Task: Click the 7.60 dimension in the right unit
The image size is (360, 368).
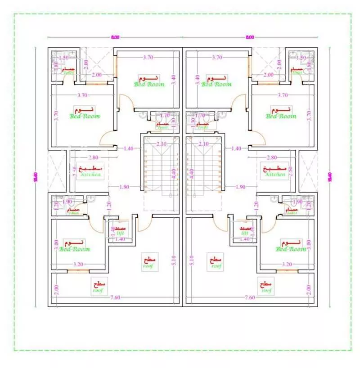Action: tap(250, 297)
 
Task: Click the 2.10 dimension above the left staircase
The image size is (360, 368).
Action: tap(162, 144)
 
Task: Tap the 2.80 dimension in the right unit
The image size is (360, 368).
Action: tap(271, 157)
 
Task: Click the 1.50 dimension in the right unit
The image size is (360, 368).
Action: tap(301, 58)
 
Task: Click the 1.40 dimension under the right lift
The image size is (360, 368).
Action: tap(244, 239)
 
